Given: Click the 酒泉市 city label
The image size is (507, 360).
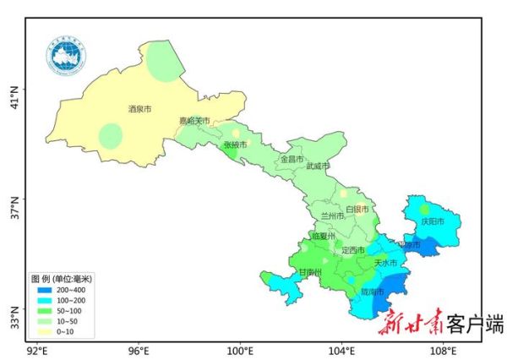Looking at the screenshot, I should (x=139, y=109).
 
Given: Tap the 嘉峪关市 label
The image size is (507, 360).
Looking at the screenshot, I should (x=194, y=122).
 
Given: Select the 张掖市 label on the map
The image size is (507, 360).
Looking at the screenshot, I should (x=236, y=145).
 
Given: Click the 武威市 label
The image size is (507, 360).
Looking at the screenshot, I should (x=319, y=166).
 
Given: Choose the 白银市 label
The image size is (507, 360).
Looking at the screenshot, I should (x=357, y=209).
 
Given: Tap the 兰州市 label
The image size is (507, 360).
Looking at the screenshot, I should (x=333, y=216).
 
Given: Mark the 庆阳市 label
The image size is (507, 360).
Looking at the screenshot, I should (x=432, y=221).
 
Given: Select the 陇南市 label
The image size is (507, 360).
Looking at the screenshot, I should (x=373, y=292).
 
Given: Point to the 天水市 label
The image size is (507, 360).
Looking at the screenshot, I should (x=385, y=263).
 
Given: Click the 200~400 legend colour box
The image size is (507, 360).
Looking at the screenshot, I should (x=45, y=290).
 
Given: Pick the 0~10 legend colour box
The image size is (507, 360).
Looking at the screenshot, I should (x=45, y=330).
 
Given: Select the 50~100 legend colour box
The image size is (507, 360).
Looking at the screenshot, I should (x=45, y=310).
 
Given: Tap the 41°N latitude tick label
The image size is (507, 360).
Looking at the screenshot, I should (x=14, y=90).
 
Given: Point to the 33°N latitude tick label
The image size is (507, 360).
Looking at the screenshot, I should (x=14, y=322).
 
